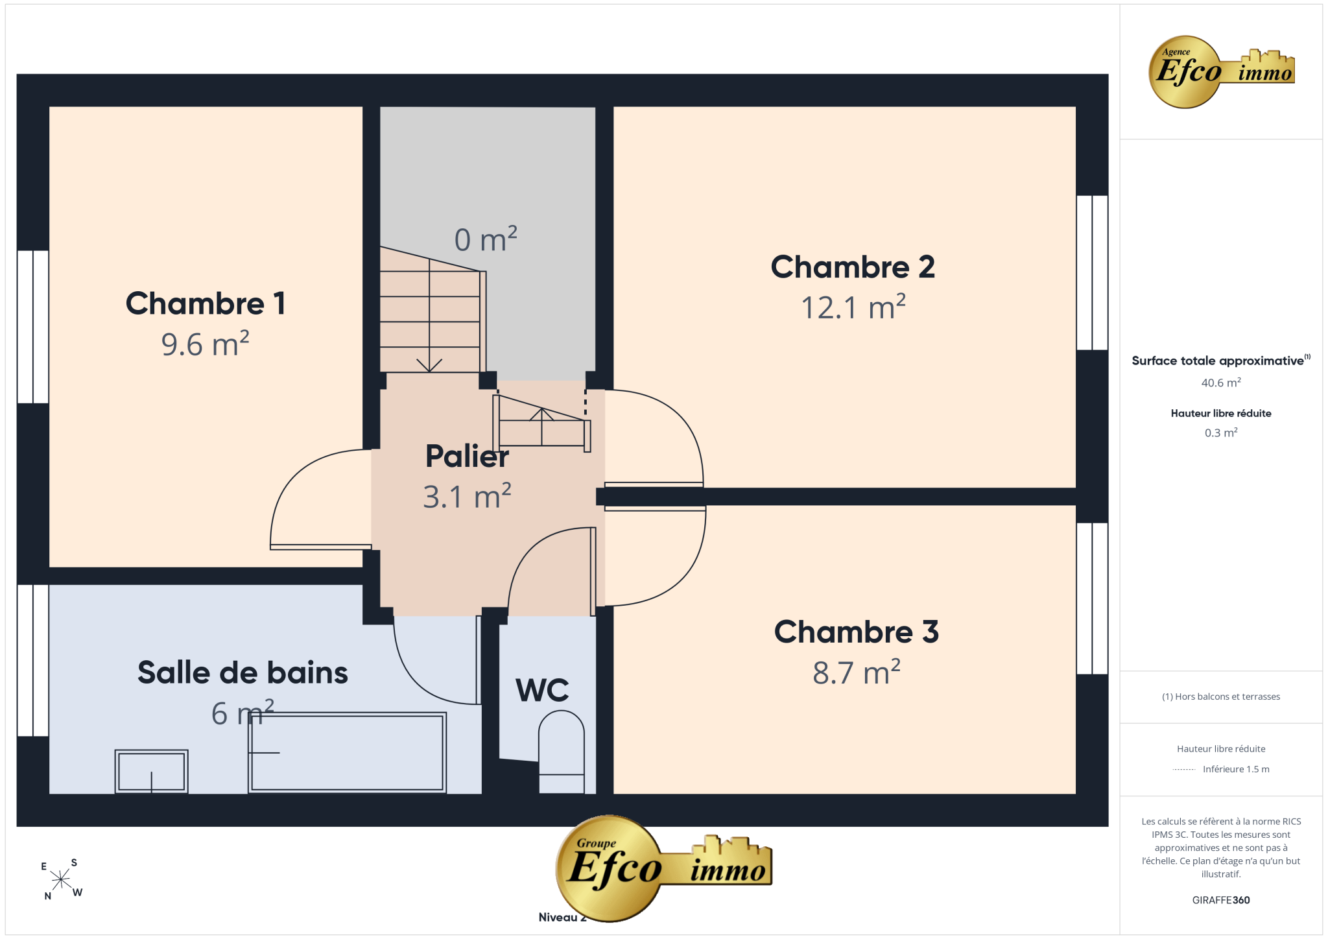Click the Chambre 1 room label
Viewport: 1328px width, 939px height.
tap(206, 303)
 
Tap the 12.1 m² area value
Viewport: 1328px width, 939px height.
tap(853, 307)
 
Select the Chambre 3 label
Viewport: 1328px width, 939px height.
tap(856, 632)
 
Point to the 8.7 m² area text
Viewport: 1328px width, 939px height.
tap(857, 672)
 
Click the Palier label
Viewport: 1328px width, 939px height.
tap(467, 456)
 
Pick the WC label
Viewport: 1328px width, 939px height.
tap(542, 690)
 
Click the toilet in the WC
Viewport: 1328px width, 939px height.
tap(562, 752)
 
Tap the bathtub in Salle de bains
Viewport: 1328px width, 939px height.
tap(348, 753)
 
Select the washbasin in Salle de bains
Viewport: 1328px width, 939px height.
tap(152, 772)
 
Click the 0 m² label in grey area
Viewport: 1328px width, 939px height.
tap(486, 239)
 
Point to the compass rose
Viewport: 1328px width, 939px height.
tap(62, 879)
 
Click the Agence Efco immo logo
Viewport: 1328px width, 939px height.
tap(1221, 72)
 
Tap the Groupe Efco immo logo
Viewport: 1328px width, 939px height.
tap(663, 868)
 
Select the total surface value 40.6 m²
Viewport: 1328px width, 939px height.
tap(1221, 383)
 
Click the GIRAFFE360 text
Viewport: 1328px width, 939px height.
tap(1221, 900)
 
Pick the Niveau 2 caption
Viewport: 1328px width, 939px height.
tap(562, 917)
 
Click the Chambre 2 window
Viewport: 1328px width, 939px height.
tap(1092, 272)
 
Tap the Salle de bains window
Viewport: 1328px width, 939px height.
tap(32, 660)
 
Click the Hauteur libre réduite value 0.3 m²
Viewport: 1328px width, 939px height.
tap(1221, 433)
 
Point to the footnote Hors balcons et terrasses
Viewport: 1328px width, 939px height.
tap(1221, 696)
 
